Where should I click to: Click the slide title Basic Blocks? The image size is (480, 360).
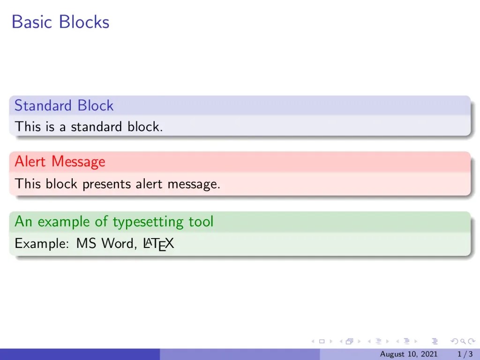point(60,22)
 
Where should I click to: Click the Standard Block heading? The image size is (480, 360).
point(64,105)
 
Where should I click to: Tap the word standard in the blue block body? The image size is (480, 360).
point(91,127)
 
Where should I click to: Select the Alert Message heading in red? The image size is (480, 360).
point(60,162)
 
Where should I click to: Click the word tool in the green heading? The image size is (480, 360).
point(201,221)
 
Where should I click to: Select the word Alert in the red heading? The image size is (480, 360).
point(30,162)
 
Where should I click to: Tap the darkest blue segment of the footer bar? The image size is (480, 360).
point(80,354)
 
